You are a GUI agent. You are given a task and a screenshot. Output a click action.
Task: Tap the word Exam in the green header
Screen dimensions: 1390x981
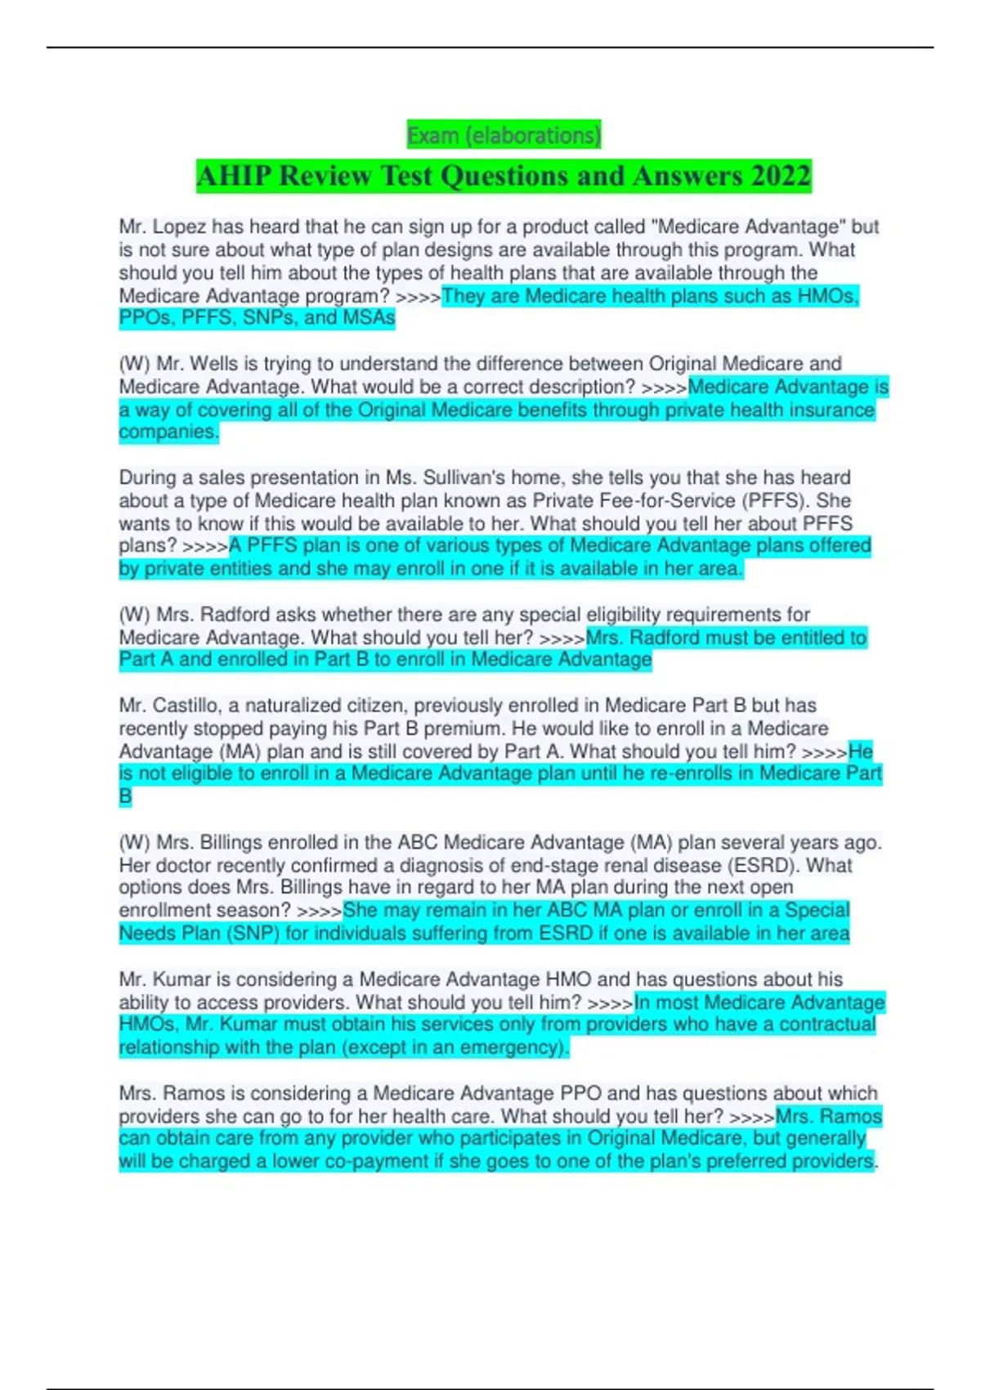click(x=432, y=135)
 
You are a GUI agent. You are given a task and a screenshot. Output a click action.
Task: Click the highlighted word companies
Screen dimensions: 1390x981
click(x=168, y=432)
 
